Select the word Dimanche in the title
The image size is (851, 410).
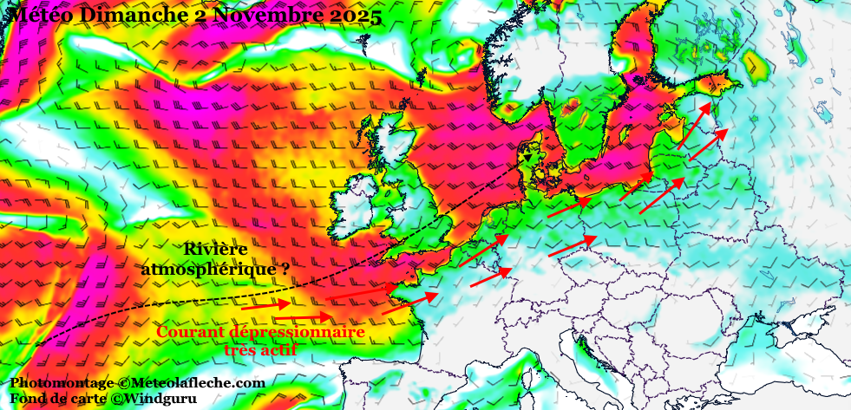[x=127, y=16]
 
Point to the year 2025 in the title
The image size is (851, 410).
[x=350, y=16]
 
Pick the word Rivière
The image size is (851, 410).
[x=215, y=250]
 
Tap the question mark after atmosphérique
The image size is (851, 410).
[x=285, y=270]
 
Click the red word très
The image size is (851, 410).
[x=241, y=350]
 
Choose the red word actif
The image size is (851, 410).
[x=280, y=350]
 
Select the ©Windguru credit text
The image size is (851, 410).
[x=157, y=399]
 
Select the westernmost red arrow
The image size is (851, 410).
[x=265, y=305]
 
